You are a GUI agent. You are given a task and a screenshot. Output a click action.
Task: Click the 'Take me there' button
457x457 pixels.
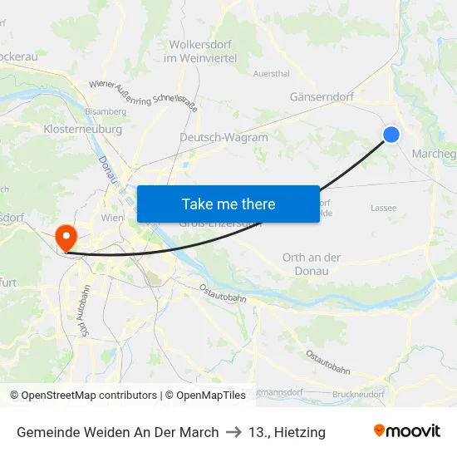(228, 204)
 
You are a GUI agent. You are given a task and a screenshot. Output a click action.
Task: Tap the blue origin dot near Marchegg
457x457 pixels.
(391, 135)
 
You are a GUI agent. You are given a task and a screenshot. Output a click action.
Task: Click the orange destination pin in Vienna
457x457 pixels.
(64, 238)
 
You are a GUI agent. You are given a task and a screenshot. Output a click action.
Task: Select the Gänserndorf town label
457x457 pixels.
(322, 96)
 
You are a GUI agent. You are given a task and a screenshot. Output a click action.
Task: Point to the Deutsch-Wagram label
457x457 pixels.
(224, 137)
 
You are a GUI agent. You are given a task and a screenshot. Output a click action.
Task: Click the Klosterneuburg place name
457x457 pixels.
(82, 130)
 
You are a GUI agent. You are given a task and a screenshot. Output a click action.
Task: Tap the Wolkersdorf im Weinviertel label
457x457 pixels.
(203, 51)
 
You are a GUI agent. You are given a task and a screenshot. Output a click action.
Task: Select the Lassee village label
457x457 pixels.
(383, 208)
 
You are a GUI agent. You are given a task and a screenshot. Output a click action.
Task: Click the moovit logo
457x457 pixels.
(407, 430)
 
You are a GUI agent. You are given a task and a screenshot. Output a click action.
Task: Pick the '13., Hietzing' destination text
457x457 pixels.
(287, 432)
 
